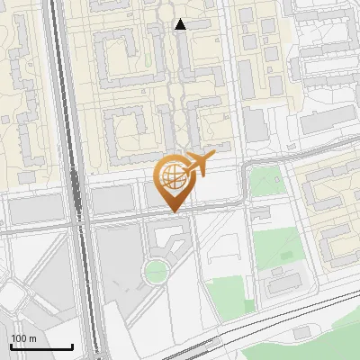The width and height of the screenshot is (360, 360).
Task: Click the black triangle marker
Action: [181, 24]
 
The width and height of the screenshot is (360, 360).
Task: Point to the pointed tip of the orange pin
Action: [173, 211]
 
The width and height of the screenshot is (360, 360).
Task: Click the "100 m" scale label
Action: [24, 338]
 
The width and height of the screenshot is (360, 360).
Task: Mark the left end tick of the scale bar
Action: [11, 346]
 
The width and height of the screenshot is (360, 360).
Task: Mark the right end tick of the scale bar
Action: [73, 346]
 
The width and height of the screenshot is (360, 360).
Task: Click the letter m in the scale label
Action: [32, 338]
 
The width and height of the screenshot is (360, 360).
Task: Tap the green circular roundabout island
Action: [157, 271]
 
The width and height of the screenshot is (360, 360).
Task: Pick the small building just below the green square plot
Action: [262, 212]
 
